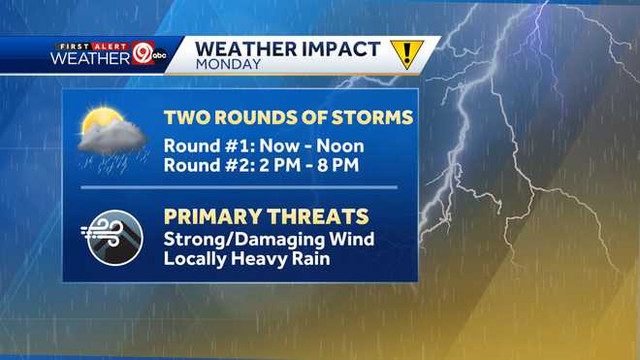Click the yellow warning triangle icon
pyautogui.click(x=406, y=53)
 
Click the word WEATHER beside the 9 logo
pyautogui.click(x=90, y=58)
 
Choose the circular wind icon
pyautogui.click(x=113, y=233)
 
